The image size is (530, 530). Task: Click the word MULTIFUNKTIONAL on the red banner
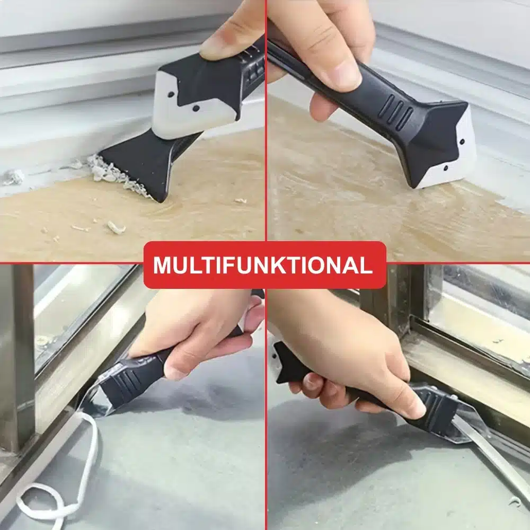tap(263, 266)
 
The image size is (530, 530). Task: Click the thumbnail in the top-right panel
tap(341, 71)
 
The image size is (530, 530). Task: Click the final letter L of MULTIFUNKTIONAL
tap(366, 266)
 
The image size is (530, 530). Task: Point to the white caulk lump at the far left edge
tap(14, 177)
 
